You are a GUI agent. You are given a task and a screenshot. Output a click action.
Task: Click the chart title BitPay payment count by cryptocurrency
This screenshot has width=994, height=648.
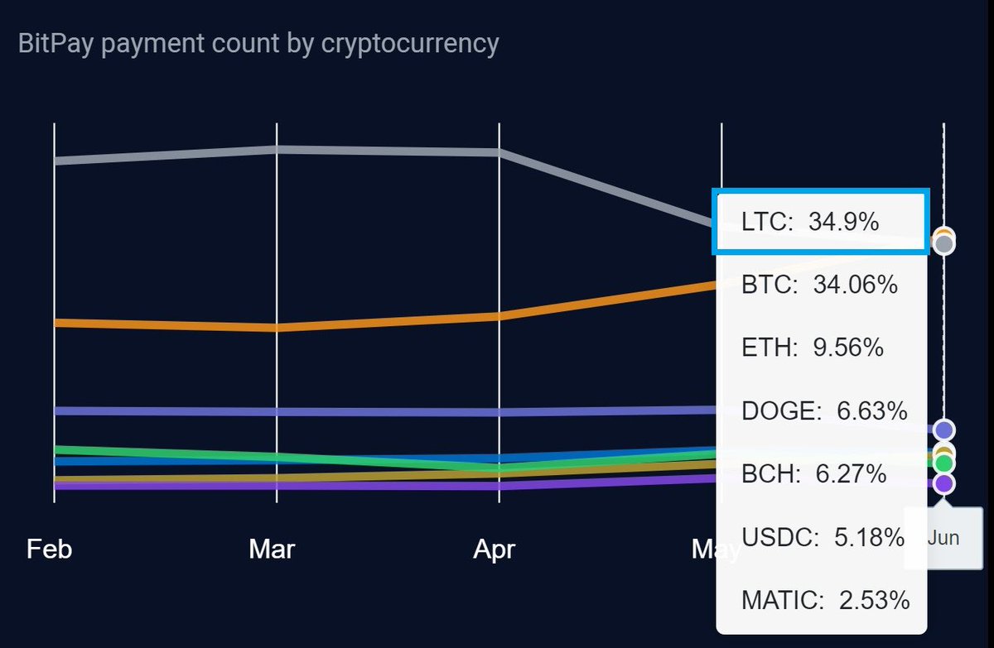[x=258, y=43]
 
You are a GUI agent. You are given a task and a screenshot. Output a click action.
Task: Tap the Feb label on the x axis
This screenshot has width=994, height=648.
[x=50, y=549]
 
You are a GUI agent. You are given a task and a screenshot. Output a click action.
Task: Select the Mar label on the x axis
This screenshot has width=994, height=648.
[x=272, y=549]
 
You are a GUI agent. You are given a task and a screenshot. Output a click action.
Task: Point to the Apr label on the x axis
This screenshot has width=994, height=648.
[x=495, y=549]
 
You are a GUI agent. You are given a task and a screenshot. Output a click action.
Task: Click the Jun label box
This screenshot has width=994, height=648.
[x=943, y=538]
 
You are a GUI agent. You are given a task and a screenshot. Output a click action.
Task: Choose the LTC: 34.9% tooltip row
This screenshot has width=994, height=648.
[x=810, y=222]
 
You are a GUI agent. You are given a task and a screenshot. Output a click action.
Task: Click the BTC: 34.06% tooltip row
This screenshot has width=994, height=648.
[x=819, y=285]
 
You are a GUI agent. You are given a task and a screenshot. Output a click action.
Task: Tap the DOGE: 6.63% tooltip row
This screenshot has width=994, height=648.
[x=824, y=410]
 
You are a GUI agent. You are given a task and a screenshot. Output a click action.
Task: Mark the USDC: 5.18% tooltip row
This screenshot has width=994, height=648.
[x=823, y=537]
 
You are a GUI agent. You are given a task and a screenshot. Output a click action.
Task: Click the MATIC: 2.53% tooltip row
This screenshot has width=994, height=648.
[x=826, y=600]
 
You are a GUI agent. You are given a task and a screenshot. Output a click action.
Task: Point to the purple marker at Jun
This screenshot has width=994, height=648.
[x=943, y=483]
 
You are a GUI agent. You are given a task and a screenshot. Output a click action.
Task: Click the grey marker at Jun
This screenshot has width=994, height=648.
[x=943, y=243]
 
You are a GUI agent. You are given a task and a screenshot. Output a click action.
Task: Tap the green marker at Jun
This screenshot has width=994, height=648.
[x=943, y=463]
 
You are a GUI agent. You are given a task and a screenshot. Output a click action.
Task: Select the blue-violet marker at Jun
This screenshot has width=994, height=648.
[x=943, y=430]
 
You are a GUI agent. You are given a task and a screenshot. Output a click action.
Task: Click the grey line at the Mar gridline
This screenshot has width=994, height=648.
[x=277, y=150]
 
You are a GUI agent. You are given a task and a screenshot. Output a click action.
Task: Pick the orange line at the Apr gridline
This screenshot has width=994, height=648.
[x=499, y=316]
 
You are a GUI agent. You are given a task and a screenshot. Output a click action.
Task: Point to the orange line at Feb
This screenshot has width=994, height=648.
[x=55, y=323]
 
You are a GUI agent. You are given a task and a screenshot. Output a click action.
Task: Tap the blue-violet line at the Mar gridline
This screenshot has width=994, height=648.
[x=277, y=411]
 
